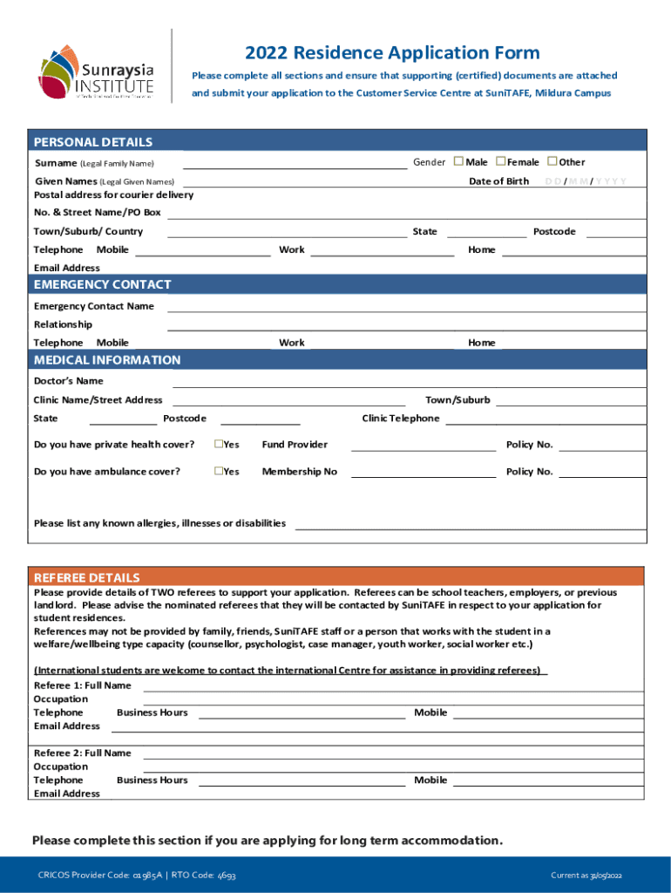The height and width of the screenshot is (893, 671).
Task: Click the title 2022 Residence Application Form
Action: pyautogui.click(x=392, y=53)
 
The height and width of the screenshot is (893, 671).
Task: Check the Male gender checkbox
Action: pyautogui.click(x=458, y=161)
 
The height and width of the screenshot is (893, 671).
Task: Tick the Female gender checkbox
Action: pyautogui.click(x=501, y=161)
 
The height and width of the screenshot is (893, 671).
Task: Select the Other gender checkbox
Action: pyautogui.click(x=552, y=161)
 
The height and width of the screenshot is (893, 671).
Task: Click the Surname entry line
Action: pyautogui.click(x=294, y=165)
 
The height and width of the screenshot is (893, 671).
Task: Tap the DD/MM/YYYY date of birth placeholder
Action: pyautogui.click(x=585, y=181)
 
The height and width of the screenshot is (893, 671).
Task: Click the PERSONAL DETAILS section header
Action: pyautogui.click(x=93, y=142)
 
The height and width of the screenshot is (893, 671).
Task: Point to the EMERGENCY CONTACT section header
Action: pyautogui.click(x=102, y=284)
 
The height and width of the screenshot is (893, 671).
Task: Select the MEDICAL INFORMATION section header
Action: pyautogui.click(x=107, y=360)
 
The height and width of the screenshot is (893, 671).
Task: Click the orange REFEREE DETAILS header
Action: pyautogui.click(x=86, y=577)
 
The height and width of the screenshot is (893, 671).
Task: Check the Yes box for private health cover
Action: pyautogui.click(x=219, y=445)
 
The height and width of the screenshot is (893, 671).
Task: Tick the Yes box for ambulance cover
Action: pyautogui.click(x=219, y=472)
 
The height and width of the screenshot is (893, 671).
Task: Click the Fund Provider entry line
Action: pyautogui.click(x=423, y=448)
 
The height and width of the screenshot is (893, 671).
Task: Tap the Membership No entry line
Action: pyautogui.click(x=423, y=475)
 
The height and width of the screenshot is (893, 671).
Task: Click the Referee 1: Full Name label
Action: pyautogui.click(x=82, y=685)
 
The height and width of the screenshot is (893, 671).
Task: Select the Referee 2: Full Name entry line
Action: pyautogui.click(x=392, y=756)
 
